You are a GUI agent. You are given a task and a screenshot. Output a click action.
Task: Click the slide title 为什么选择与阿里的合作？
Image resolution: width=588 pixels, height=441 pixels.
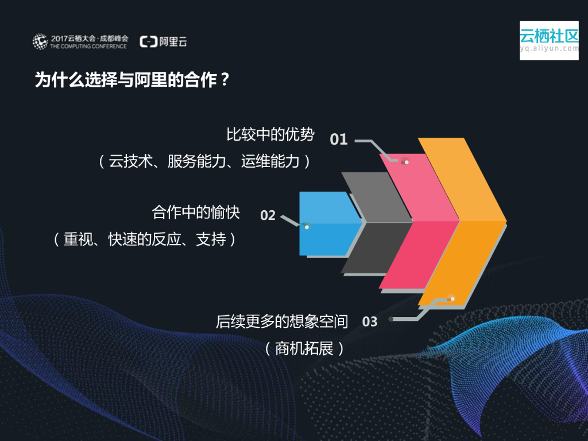[x=133, y=80]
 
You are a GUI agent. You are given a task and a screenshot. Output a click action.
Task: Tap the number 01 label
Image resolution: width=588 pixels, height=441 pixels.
[x=339, y=140]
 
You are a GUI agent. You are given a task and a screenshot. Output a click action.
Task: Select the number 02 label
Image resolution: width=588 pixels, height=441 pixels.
[x=268, y=216]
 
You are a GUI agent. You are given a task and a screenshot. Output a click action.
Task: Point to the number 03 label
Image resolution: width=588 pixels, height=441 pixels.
[x=370, y=322]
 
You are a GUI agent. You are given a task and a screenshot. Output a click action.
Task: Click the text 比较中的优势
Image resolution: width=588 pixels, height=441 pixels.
[x=270, y=135]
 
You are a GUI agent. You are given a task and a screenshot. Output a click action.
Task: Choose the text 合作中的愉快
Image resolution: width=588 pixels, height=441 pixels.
[x=195, y=212]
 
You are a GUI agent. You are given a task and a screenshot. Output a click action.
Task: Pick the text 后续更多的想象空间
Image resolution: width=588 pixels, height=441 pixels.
[x=282, y=322]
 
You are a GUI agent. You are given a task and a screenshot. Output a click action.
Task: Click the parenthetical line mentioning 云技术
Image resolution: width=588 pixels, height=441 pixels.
[x=204, y=161]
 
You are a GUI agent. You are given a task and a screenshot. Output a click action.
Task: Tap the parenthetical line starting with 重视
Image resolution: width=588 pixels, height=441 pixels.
[x=144, y=239]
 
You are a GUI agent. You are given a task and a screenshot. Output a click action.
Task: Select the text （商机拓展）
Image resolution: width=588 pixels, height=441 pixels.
[x=304, y=348]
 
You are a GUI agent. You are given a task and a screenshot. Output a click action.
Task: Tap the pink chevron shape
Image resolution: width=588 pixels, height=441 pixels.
[x=419, y=224]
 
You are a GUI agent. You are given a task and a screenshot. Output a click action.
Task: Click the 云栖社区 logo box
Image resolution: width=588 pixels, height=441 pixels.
[x=549, y=40]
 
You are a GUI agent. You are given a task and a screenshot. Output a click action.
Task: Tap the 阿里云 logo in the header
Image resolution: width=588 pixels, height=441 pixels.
[x=164, y=41]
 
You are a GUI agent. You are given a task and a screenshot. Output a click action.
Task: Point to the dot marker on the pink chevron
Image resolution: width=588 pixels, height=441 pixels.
[x=406, y=162]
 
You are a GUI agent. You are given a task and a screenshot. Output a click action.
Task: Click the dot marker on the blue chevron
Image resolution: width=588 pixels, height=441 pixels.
[x=307, y=227]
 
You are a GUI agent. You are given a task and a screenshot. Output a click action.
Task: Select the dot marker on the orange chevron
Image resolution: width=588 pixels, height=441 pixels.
[x=451, y=298]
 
